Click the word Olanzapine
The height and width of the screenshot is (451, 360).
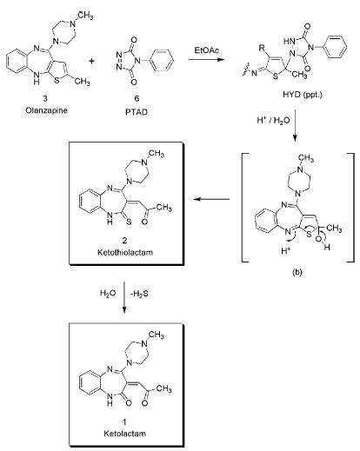(x=46, y=110)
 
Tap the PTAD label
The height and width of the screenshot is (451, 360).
(x=137, y=112)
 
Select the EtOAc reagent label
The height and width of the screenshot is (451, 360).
(x=207, y=50)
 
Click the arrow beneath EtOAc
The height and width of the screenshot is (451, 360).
(x=206, y=60)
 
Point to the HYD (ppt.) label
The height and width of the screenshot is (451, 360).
(x=303, y=95)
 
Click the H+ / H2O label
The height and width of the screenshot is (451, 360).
(x=273, y=121)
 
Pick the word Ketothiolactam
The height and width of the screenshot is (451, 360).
(x=125, y=252)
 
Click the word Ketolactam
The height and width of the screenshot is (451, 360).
(x=124, y=434)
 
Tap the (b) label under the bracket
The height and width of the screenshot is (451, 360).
(x=297, y=272)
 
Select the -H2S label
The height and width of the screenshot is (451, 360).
(x=139, y=294)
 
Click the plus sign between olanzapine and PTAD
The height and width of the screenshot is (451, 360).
(x=91, y=61)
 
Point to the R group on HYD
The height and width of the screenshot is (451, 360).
(x=262, y=48)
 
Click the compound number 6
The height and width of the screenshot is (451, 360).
(x=137, y=98)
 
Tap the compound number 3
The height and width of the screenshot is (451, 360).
(x=45, y=98)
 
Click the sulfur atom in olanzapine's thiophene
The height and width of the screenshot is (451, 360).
(x=57, y=80)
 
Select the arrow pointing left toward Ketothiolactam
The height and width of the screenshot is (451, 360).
(x=211, y=199)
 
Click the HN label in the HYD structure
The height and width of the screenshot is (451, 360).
(x=289, y=42)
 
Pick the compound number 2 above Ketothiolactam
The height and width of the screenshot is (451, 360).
(x=124, y=240)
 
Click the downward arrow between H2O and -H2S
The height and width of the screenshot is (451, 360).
(x=124, y=297)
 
